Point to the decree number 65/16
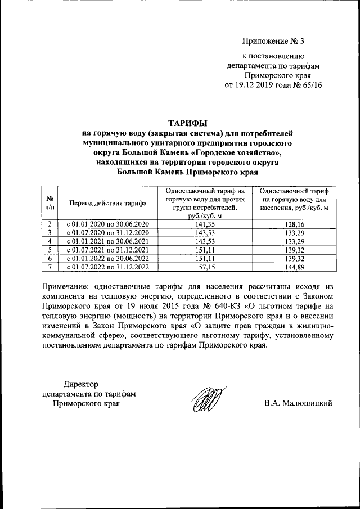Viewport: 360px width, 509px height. point(311,85)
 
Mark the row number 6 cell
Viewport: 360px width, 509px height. point(49,258)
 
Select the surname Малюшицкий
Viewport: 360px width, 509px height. point(308,403)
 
